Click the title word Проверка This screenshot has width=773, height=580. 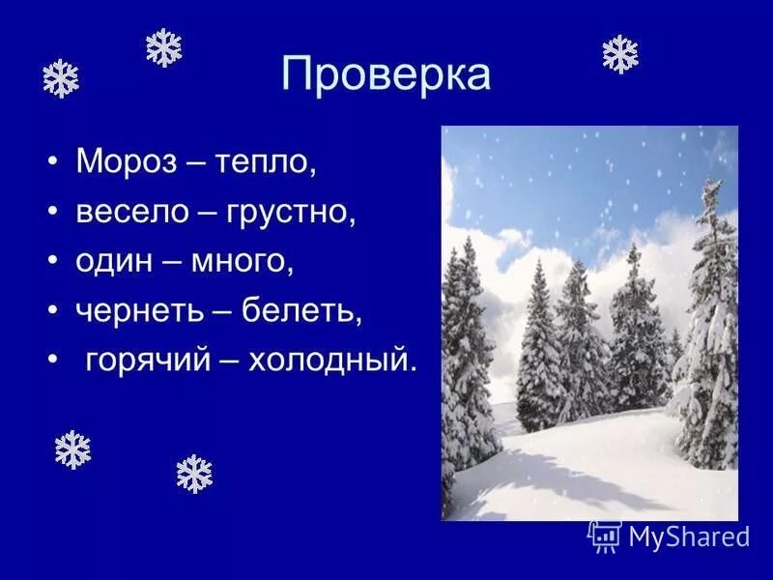coord(386,74)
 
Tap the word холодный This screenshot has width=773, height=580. coord(332,361)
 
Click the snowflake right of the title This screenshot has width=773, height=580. coord(619,54)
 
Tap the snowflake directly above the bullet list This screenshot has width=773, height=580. coord(163,47)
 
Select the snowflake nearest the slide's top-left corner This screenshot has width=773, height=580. coord(60,78)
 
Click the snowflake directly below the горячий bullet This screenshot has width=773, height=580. coord(72,449)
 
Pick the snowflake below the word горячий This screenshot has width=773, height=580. coord(193,474)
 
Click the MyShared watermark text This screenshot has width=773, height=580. coord(688,535)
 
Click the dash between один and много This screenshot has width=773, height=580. coord(168,262)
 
